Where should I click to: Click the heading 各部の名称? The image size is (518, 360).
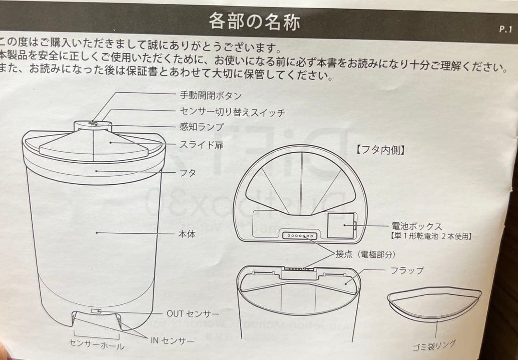pyautogui.click(x=254, y=22)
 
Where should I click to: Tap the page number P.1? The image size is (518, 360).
pyautogui.click(x=506, y=29)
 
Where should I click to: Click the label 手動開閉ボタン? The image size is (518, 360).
pyautogui.click(x=211, y=96)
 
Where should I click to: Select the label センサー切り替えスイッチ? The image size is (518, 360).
pyautogui.click(x=232, y=112)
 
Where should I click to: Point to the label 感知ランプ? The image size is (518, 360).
pyautogui.click(x=201, y=127)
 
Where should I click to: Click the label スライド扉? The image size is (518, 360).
pyautogui.click(x=201, y=145)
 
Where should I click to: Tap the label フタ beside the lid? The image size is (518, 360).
pyautogui.click(x=188, y=173)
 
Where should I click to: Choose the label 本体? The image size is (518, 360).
pyautogui.click(x=187, y=234)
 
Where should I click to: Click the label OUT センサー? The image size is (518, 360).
pyautogui.click(x=193, y=314)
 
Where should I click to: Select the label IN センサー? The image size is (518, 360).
pyautogui.click(x=173, y=340)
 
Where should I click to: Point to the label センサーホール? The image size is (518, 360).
pyautogui.click(x=96, y=345)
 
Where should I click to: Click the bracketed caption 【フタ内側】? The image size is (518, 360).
pyautogui.click(x=380, y=150)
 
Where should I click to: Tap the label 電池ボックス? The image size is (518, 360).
pyautogui.click(x=417, y=227)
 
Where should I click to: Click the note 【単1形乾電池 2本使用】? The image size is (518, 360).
pyautogui.click(x=429, y=236)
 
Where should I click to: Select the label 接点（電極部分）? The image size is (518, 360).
pyautogui.click(x=365, y=254)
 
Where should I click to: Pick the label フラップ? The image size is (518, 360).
pyautogui.click(x=407, y=270)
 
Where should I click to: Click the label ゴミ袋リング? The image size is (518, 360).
pyautogui.click(x=434, y=345)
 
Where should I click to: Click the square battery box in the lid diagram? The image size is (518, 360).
pyautogui.click(x=341, y=226)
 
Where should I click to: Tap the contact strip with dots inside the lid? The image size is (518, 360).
pyautogui.click(x=300, y=236)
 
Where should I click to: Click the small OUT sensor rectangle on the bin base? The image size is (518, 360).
pyautogui.click(x=96, y=311)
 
